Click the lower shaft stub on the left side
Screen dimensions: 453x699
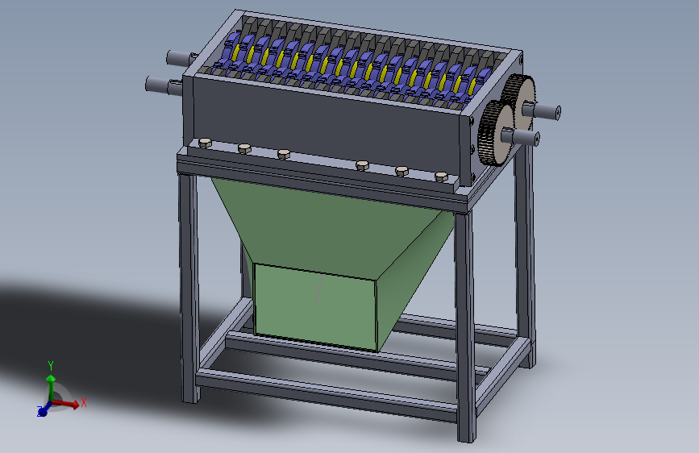(159, 84)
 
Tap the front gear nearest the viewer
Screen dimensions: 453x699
(493, 135)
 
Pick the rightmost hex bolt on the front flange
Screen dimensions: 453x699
(440, 175)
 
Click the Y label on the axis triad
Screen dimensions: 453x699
(51, 364)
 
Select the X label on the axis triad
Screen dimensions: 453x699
(84, 402)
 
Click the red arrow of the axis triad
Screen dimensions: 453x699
(68, 404)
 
